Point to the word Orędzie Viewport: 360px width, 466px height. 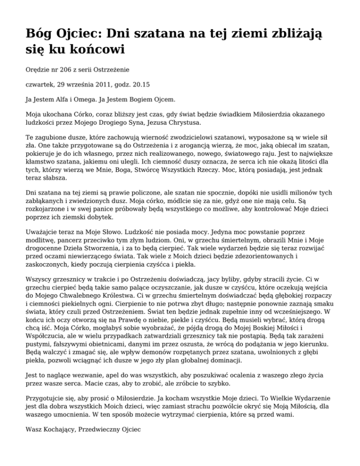(x=38, y=69)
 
